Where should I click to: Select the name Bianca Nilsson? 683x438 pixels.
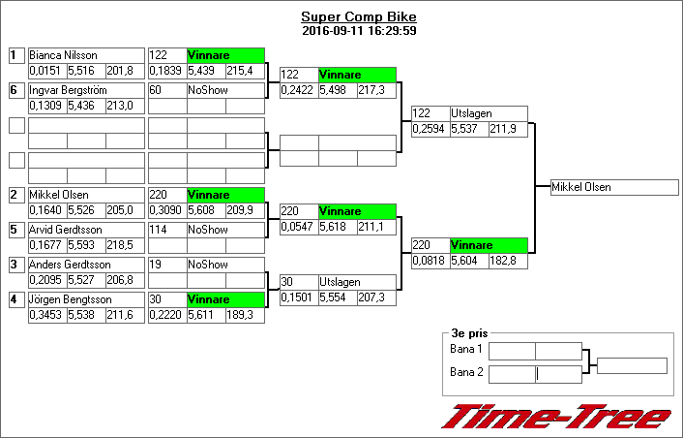[x=62, y=56]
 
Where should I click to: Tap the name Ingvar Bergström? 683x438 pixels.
[x=68, y=90]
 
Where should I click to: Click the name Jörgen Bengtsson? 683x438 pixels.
[x=71, y=299]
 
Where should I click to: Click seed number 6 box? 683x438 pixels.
[x=15, y=90]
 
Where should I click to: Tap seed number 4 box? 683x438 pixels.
[x=15, y=299]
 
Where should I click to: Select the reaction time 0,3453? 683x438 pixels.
[x=45, y=315]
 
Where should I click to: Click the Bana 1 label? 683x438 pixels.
[x=466, y=349]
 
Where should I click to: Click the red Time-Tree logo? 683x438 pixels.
[x=555, y=416]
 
